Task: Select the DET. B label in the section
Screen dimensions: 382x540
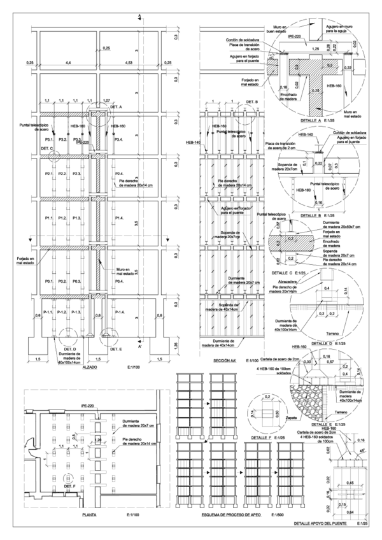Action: (x=253, y=102)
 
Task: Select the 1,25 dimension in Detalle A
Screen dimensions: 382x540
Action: (x=315, y=48)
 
